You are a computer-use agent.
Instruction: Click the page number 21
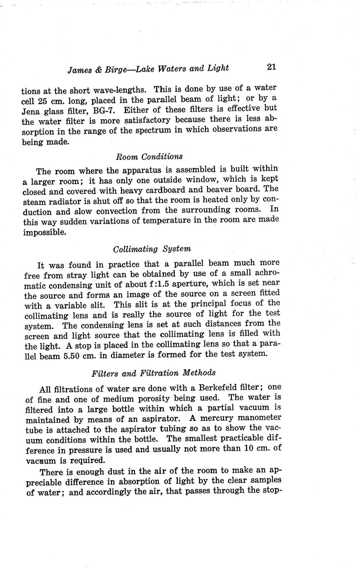pos(271,67)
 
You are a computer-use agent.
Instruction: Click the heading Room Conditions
pos(149,157)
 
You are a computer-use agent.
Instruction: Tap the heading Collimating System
pos(152,249)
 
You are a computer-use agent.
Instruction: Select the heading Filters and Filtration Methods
pos(154,373)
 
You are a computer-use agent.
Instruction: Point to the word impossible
pos(44,232)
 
